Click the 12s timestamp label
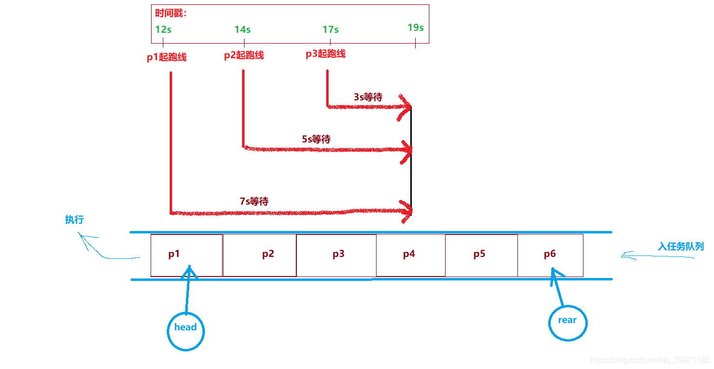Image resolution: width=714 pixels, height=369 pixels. click(x=163, y=29)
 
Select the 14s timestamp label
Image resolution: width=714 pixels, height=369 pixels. click(x=243, y=29)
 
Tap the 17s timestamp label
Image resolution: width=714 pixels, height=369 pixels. click(x=331, y=29)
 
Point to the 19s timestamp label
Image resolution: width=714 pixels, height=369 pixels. click(x=416, y=27)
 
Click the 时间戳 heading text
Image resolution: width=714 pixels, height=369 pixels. click(x=171, y=13)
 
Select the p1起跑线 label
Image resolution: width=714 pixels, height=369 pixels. click(x=167, y=57)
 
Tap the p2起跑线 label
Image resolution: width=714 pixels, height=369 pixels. click(x=244, y=55)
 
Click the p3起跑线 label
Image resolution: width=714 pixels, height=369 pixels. click(x=326, y=54)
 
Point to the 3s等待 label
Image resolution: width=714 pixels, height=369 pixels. click(x=368, y=97)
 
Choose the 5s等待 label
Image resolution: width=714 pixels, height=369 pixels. click(x=316, y=139)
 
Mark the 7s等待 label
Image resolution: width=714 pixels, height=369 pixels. click(x=254, y=201)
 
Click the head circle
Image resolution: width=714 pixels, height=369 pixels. click(x=186, y=331)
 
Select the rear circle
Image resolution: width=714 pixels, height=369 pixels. click(x=567, y=322)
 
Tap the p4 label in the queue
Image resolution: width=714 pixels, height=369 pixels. click(x=409, y=254)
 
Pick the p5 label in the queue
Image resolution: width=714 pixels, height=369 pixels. click(x=480, y=254)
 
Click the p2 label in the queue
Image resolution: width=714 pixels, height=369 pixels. click(x=268, y=254)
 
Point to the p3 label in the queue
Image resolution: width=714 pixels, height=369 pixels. click(x=338, y=254)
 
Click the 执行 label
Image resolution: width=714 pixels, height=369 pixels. click(x=74, y=220)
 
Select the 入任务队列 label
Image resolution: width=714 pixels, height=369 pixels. click(x=681, y=246)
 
